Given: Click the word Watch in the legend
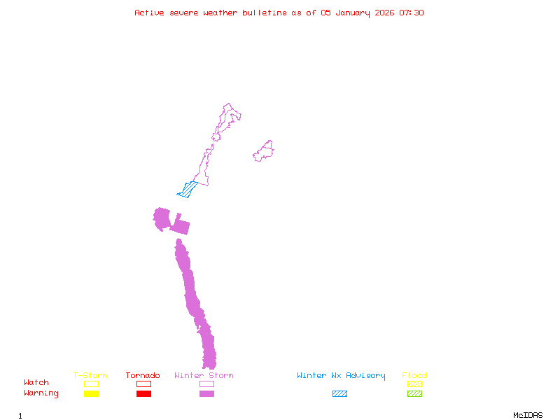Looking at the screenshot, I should click(x=36, y=383).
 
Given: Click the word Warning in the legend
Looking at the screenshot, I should click(x=41, y=393).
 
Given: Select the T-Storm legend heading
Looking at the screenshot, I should click(x=90, y=375).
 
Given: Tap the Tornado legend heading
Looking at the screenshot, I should click(x=143, y=375).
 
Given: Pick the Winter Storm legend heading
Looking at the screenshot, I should click(x=204, y=375).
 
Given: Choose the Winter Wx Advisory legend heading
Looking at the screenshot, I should click(x=341, y=375).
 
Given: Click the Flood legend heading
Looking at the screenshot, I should click(x=414, y=375).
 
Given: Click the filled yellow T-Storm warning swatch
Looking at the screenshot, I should click(x=91, y=394).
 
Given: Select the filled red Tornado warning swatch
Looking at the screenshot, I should click(x=143, y=394).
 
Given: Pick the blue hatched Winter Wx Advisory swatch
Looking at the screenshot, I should click(x=339, y=394).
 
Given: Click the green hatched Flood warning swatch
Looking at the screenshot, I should click(x=414, y=394).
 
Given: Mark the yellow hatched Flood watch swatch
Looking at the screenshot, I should click(x=414, y=384).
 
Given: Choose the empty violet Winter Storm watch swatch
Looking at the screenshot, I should click(x=206, y=384).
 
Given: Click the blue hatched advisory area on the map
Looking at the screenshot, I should click(x=188, y=189).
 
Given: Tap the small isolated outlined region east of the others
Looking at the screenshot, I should click(x=264, y=151).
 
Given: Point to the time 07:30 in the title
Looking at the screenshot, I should click(x=412, y=13).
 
